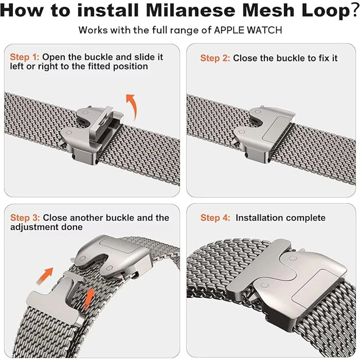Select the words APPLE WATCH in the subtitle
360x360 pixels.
tap(248, 30)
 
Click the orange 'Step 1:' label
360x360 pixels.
tap(25, 57)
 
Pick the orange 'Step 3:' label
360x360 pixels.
tap(25, 218)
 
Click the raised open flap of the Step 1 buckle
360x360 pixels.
tap(98, 124)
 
